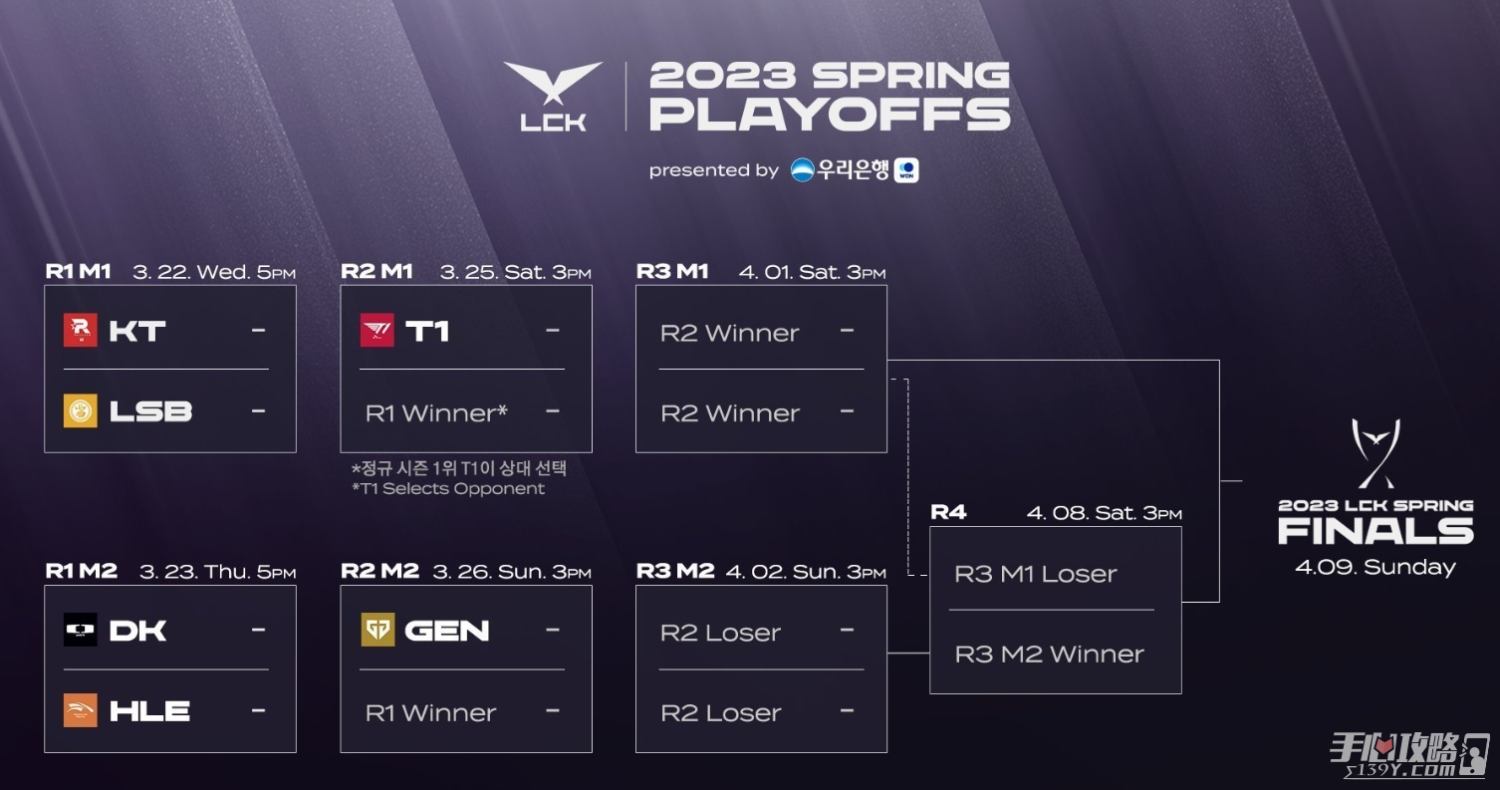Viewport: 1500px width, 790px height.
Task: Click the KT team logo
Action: pos(81,330)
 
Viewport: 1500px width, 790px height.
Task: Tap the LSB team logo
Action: pos(81,410)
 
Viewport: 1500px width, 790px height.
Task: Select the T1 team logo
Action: pos(377,330)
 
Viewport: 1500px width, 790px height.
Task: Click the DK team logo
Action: pos(81,630)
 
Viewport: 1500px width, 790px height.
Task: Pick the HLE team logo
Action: pos(81,710)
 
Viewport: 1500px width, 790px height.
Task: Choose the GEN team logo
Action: pos(377,630)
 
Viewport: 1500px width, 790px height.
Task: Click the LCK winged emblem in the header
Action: pos(553,83)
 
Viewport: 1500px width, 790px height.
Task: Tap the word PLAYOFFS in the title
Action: pos(830,115)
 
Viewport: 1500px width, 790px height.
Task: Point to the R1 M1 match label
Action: pos(78,271)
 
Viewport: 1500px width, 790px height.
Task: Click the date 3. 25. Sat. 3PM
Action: pos(516,272)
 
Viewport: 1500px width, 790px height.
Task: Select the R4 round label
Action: pos(948,513)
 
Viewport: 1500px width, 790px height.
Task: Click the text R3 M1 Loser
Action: pos(1035,574)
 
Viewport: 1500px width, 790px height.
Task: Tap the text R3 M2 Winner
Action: pos(1050,654)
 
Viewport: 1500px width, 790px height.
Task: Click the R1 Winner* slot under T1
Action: pos(436,413)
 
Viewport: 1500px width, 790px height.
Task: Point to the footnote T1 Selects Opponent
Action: pos(448,488)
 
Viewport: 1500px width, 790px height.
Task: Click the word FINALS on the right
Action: pos(1376,532)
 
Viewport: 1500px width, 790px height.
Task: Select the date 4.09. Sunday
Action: pos(1375,568)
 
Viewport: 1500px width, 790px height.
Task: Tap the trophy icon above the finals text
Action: pos(1375,453)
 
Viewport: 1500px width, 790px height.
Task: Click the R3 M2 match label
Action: pos(675,571)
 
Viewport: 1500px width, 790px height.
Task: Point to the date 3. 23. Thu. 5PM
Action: pos(218,572)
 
